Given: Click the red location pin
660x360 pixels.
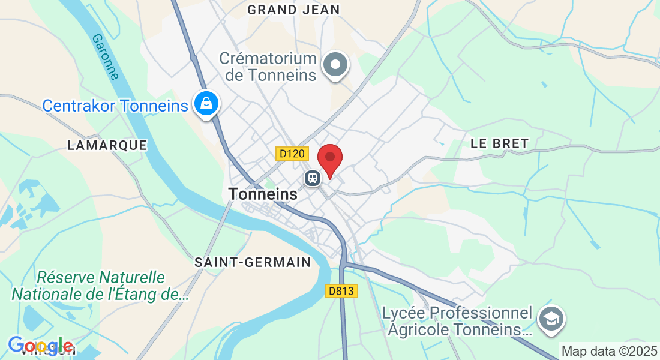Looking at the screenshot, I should point(329,159).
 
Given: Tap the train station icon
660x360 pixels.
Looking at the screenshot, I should point(312,178).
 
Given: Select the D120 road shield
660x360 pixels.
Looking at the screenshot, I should point(292,154).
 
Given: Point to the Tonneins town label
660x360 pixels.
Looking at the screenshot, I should point(263,194).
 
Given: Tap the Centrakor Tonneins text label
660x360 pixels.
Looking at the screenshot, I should point(115,106).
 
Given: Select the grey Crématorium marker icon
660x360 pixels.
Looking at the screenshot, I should point(335,64).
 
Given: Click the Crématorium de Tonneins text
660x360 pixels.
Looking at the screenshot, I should point(268,67).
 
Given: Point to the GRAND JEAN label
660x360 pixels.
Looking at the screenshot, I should point(293,10).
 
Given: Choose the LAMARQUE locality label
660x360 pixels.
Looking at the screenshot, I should point(107,145).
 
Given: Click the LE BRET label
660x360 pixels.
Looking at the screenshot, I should point(499,143).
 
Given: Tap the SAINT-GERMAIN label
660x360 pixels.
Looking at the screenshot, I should point(253,262).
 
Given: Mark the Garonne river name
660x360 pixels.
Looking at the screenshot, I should point(106,56).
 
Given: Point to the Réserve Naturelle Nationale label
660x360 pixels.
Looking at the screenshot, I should point(100,286).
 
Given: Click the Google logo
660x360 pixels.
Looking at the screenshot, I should point(41,346).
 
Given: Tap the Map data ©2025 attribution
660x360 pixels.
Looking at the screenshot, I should point(609,351).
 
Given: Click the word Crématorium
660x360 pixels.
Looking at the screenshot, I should point(268,59).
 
